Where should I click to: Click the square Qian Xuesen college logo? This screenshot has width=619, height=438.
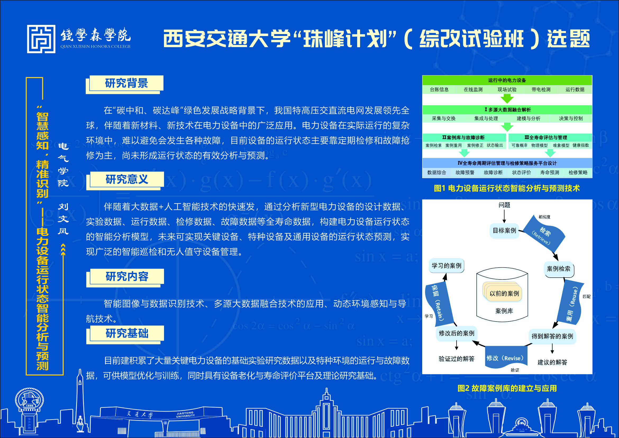coord(41,39)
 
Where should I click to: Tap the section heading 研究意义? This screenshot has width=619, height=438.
coord(127,179)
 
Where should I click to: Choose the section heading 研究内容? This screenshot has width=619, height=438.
coord(127,276)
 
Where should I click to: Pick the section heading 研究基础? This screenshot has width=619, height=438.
coord(127,333)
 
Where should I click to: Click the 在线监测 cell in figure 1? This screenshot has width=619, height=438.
coord(473,89)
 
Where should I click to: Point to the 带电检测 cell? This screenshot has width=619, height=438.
coord(541,89)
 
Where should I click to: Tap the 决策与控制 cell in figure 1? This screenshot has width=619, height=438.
coord(571,118)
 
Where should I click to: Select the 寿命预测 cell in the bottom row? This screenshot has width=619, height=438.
coord(549,173)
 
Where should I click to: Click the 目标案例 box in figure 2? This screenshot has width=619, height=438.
coord(504,231)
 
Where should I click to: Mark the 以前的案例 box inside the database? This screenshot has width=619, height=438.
coord(504,293)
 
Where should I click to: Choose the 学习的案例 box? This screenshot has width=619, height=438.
coord(447,266)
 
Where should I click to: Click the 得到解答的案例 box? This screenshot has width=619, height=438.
coord(552,336)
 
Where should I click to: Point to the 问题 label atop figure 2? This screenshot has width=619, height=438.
coord(504,205)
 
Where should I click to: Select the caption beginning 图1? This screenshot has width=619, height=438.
coord(507,188)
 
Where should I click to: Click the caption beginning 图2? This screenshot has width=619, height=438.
coord(507,388)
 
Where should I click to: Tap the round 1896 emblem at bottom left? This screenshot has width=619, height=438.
coord(29,400)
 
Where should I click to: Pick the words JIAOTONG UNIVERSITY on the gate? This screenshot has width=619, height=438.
coord(185,414)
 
